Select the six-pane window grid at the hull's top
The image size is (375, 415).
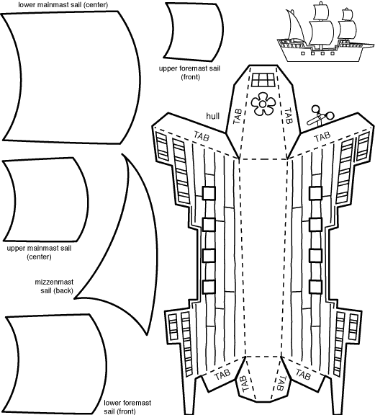tap(263, 80)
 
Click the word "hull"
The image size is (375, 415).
tap(213, 116)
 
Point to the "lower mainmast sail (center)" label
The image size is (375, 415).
tap(63, 5)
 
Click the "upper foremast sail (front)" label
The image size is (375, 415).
tap(189, 73)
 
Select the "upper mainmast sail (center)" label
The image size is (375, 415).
tap(39, 252)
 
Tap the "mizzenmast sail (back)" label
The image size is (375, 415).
tap(54, 286)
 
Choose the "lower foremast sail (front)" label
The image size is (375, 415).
tap(127, 406)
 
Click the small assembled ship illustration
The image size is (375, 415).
tap(325, 32)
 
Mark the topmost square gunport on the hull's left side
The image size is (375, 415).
tap(209, 192)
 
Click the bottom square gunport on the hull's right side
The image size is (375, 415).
tap(315, 287)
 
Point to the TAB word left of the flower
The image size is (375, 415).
tap(238, 116)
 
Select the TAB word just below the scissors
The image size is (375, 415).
tap(322, 137)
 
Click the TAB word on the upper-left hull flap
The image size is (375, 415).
tap(202, 136)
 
